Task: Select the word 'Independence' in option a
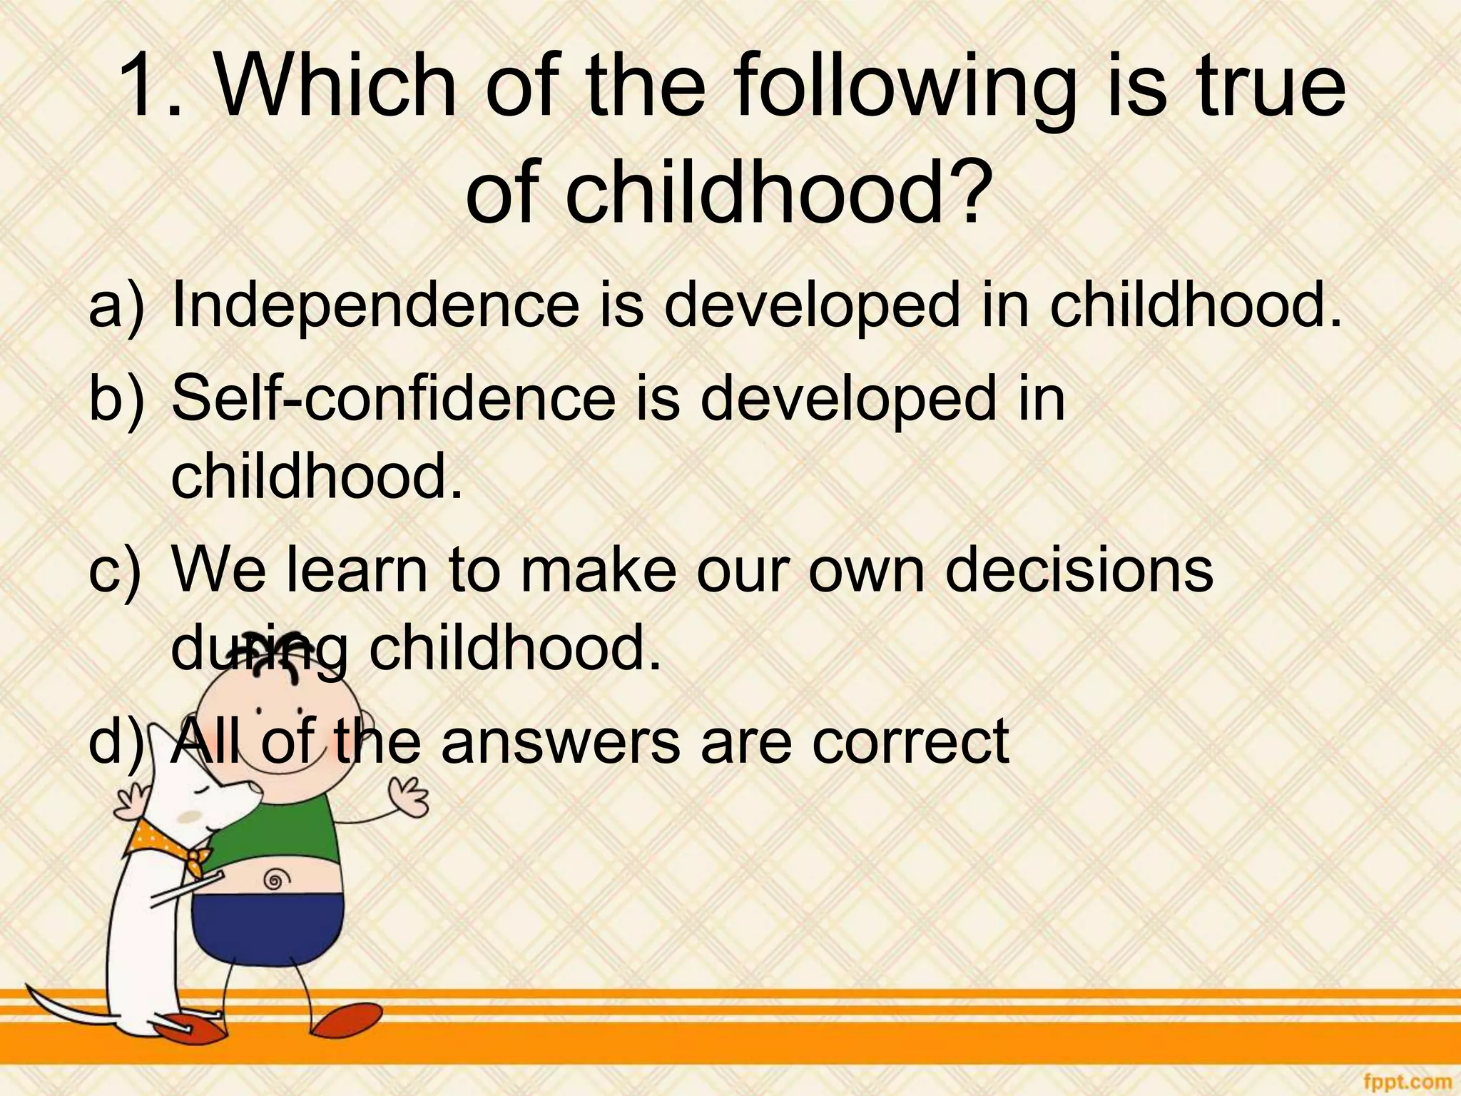pos(375,305)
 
